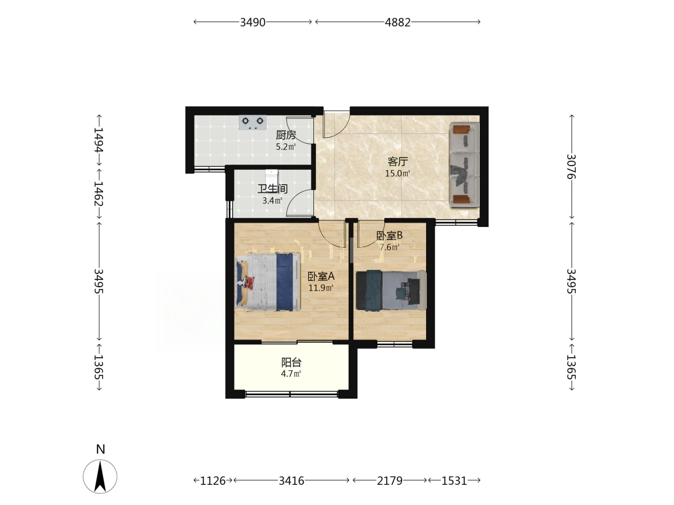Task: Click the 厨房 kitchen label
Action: [x=285, y=135]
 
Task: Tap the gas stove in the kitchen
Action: [x=253, y=122]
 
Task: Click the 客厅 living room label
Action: [x=398, y=162]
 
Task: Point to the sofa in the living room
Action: [x=465, y=165]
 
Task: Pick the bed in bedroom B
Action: [x=391, y=290]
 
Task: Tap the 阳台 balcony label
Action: [x=291, y=363]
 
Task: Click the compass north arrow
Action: [x=100, y=477]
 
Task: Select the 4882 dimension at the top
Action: [x=398, y=23]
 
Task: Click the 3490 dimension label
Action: [x=253, y=23]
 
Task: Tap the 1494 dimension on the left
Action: [x=98, y=139]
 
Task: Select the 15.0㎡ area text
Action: [x=398, y=174]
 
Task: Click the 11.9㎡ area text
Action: [x=321, y=288]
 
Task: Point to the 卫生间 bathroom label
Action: [x=272, y=189]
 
